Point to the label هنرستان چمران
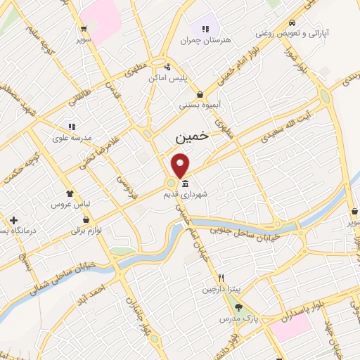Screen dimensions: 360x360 tap(205, 40)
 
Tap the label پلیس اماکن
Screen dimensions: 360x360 tap(167, 77)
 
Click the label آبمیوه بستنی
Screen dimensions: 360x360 tap(201, 105)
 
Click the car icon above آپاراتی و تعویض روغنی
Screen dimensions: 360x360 tap(291, 22)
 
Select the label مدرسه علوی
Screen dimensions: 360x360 tap(72, 138)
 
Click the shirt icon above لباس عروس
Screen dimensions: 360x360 tap(69, 193)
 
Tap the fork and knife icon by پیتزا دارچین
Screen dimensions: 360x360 tap(221, 278)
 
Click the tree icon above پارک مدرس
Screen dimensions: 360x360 tap(238, 307)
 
